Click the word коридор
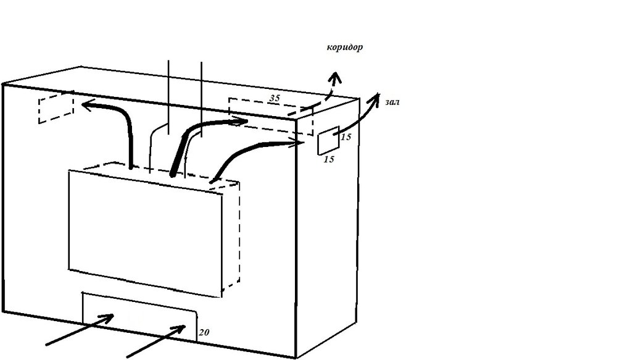pos(345,48)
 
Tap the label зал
pos(392,103)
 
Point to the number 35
pos(275,98)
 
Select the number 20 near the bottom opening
pos(204,332)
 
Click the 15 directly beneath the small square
pos(329,159)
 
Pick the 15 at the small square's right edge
pos(346,137)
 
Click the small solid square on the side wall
pos(328,141)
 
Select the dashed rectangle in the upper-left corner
pos(56,107)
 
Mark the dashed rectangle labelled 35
pos(271,117)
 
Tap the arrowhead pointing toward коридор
pos(335,78)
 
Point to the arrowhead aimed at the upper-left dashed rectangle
pos(88,106)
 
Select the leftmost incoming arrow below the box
pos(80,330)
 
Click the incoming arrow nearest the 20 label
pos(156,341)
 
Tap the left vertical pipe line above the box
pos(169,98)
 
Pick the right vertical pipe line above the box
pos(202,99)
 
